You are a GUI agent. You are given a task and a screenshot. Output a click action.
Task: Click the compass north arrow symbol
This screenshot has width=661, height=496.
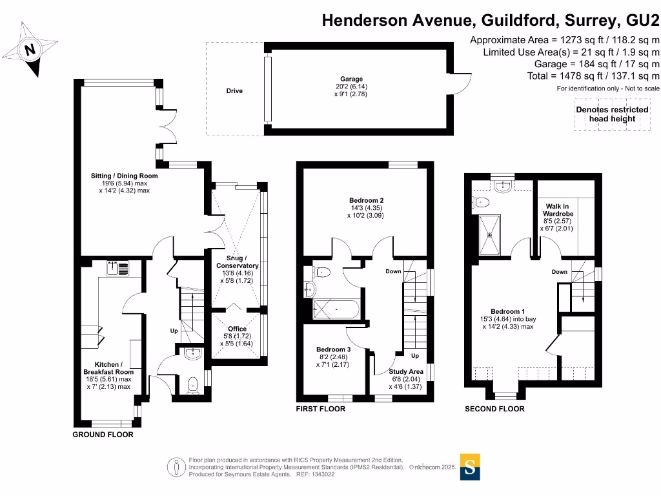(29, 49)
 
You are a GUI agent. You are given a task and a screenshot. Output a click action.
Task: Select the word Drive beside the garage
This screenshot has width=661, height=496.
(234, 91)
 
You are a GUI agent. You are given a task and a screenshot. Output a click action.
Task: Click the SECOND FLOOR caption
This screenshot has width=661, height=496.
(494, 409)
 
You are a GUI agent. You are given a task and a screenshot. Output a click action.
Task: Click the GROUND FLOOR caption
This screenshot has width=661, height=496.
(103, 435)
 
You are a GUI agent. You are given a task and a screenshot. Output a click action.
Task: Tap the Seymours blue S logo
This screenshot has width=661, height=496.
(470, 467)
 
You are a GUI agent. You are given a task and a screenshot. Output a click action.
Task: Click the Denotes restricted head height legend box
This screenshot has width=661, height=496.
(612, 114)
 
